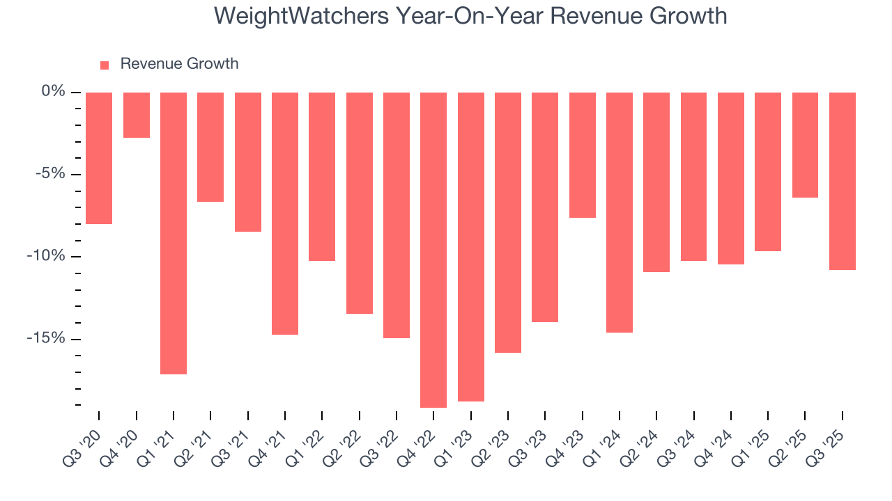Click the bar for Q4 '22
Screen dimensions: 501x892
[x=433, y=250]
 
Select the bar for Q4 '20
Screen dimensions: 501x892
[x=137, y=115]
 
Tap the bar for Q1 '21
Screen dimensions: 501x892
[x=174, y=233]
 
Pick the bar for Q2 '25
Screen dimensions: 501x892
[x=805, y=145]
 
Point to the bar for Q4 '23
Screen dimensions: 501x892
[x=582, y=155]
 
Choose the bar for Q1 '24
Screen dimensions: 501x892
[x=620, y=212]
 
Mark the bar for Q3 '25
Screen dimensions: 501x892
[x=842, y=181]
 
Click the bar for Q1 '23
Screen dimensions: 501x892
[x=470, y=247]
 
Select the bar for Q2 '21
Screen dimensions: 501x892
[x=210, y=147]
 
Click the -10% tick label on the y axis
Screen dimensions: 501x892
[x=48, y=256]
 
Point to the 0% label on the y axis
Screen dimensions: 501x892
[x=53, y=92]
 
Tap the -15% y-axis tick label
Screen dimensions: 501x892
[x=48, y=338]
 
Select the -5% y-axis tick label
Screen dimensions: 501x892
[x=51, y=174]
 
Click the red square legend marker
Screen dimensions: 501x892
[x=105, y=65]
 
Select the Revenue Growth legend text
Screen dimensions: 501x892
[x=179, y=64]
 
